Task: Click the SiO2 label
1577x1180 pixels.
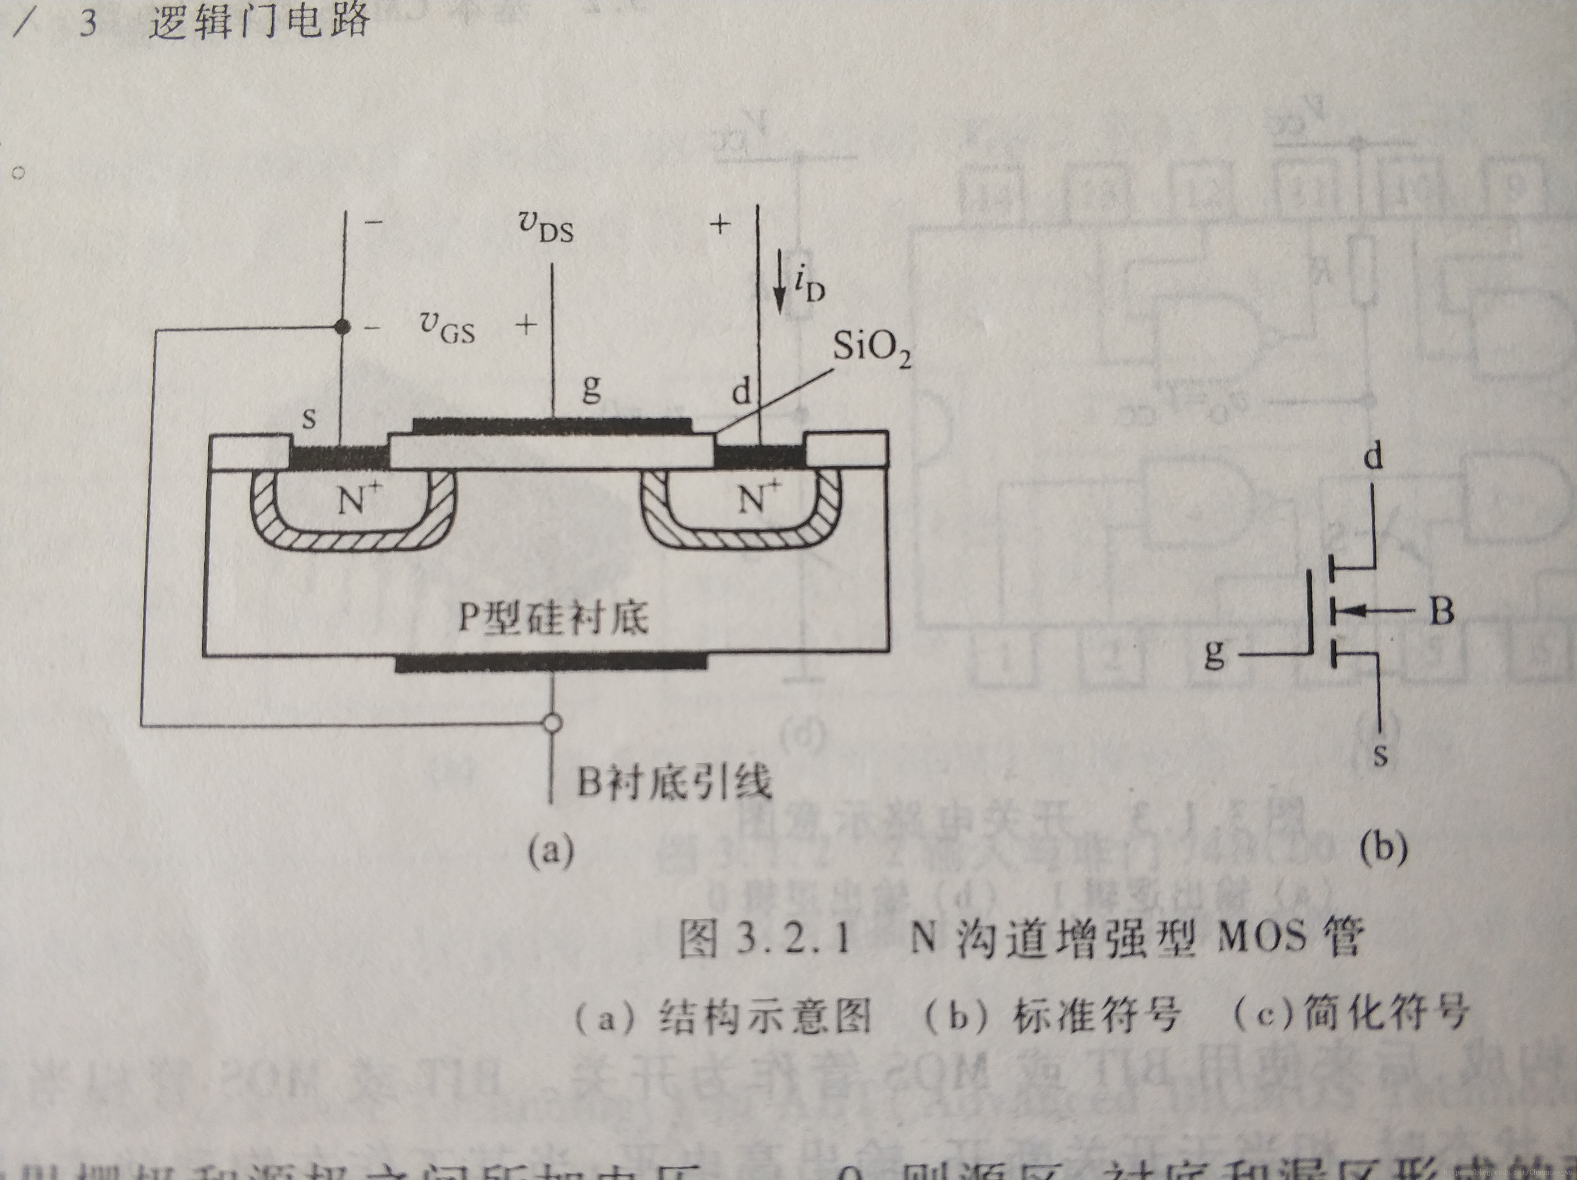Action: pyautogui.click(x=871, y=349)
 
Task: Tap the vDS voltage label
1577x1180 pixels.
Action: pyautogui.click(x=546, y=227)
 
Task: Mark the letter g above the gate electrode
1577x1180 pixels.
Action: pyautogui.click(x=591, y=388)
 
